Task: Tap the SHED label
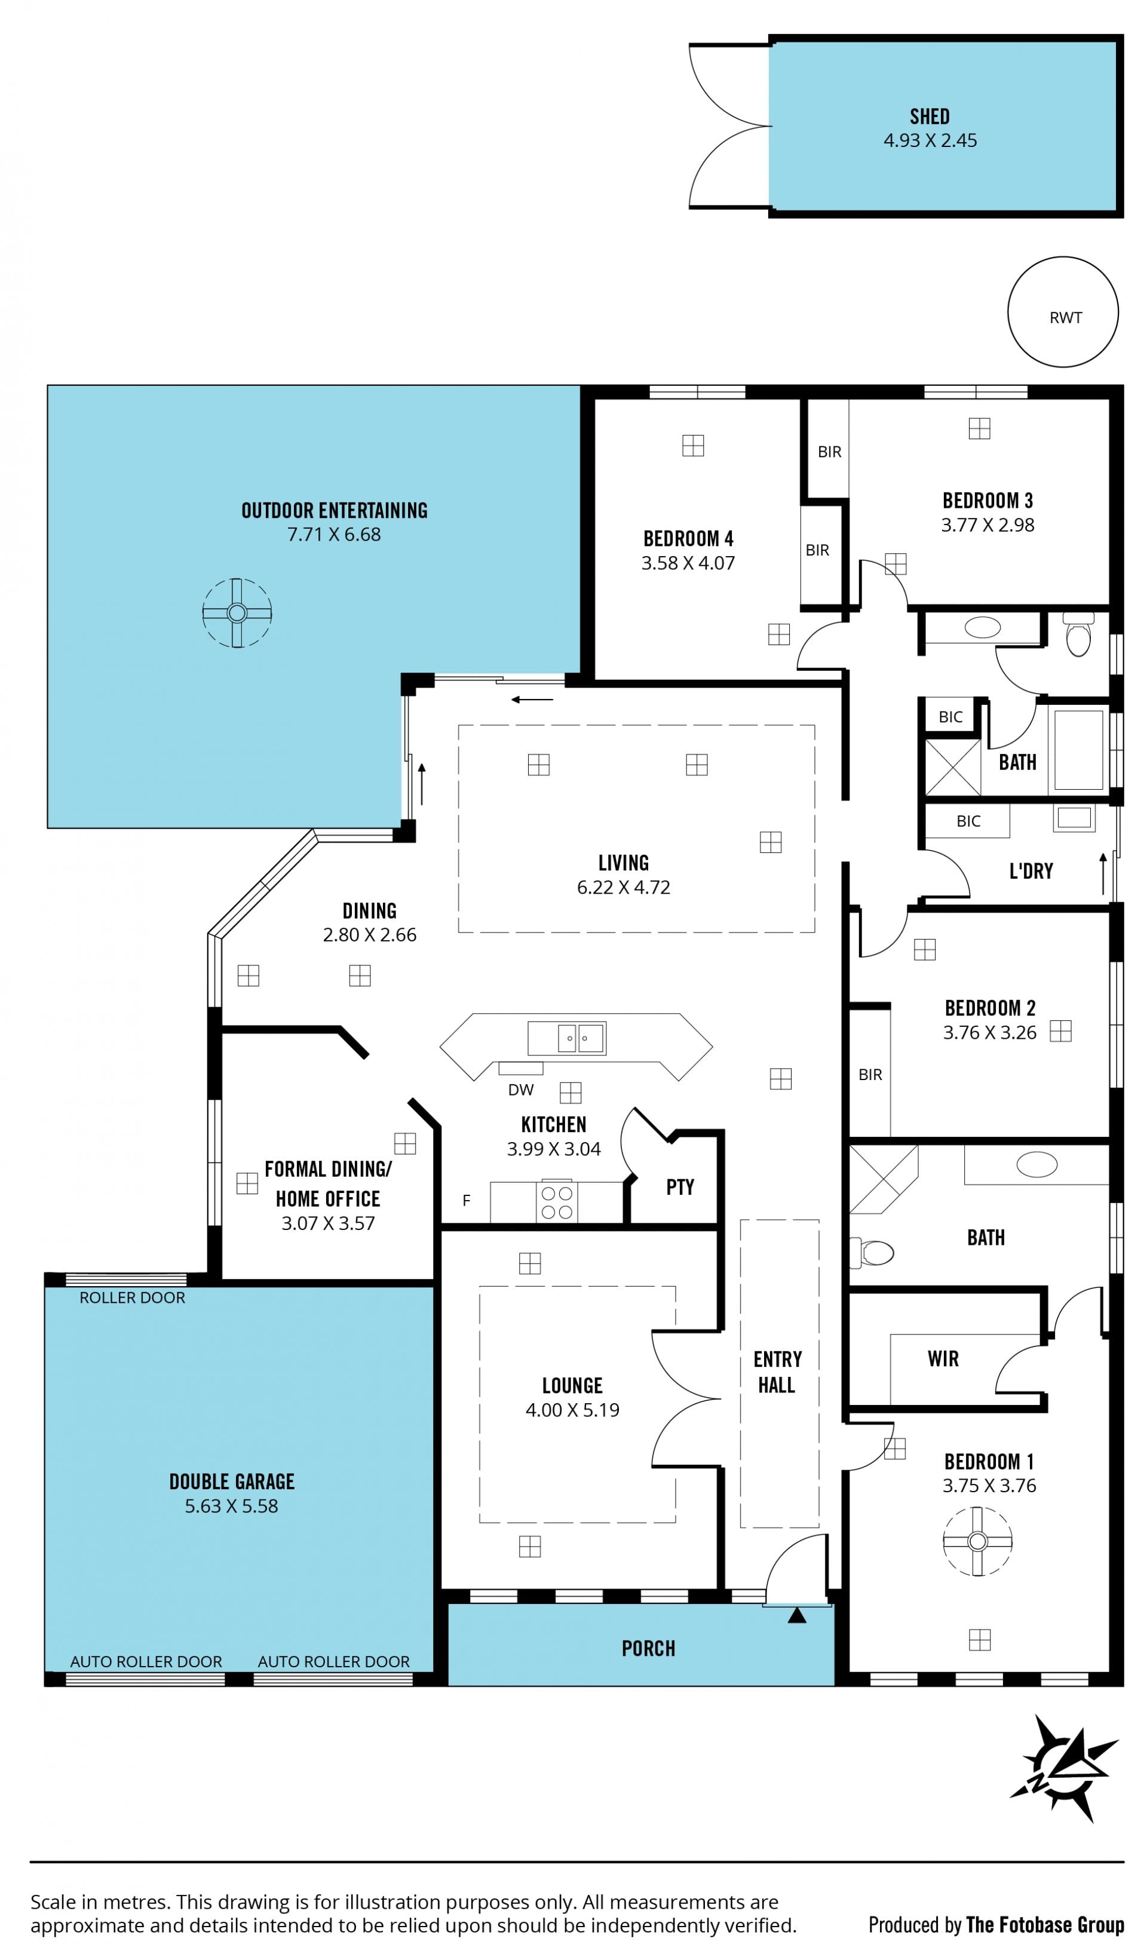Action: (x=930, y=116)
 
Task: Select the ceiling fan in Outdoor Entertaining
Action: (x=237, y=613)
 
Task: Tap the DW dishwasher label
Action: (x=520, y=1090)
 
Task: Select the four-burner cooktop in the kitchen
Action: (x=557, y=1201)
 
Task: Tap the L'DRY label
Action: (x=1031, y=872)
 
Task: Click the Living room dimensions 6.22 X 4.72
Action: (x=623, y=887)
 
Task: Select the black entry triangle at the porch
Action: (x=797, y=1615)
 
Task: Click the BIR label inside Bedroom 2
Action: (x=870, y=1075)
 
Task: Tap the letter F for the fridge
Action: (x=466, y=1201)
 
